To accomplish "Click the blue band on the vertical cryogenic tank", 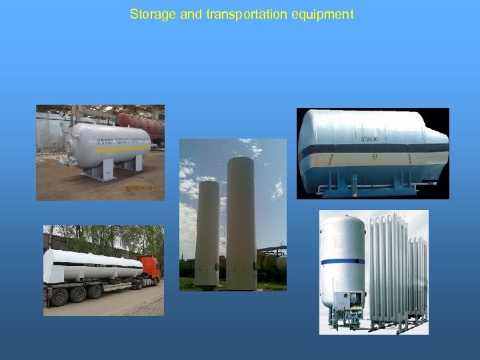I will [343, 262].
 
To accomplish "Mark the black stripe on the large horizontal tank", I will [373, 157].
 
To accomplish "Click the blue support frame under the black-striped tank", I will [373, 186].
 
